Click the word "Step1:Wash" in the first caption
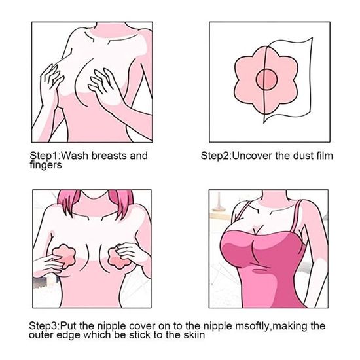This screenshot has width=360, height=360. [x=59, y=156]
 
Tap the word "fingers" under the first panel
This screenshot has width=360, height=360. [x=46, y=165]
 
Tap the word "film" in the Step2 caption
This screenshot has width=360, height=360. [x=325, y=156]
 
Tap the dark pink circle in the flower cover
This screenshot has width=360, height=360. [x=266, y=80]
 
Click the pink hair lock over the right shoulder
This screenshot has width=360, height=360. [x=121, y=203]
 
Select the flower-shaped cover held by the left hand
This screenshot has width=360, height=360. [x=63, y=256]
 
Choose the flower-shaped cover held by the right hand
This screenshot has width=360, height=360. [x=119, y=258]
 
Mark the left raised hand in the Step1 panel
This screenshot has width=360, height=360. [x=51, y=79]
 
